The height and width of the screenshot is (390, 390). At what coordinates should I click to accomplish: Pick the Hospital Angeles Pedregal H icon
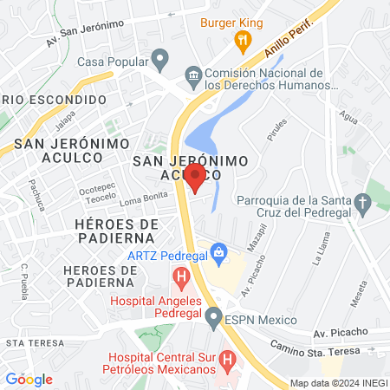(x=181, y=278)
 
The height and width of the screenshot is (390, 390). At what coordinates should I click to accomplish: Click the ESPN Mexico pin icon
(x=213, y=319)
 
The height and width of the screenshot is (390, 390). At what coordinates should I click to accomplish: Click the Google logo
(x=29, y=379)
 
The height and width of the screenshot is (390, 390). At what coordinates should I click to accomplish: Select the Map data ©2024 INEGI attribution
(x=336, y=382)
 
